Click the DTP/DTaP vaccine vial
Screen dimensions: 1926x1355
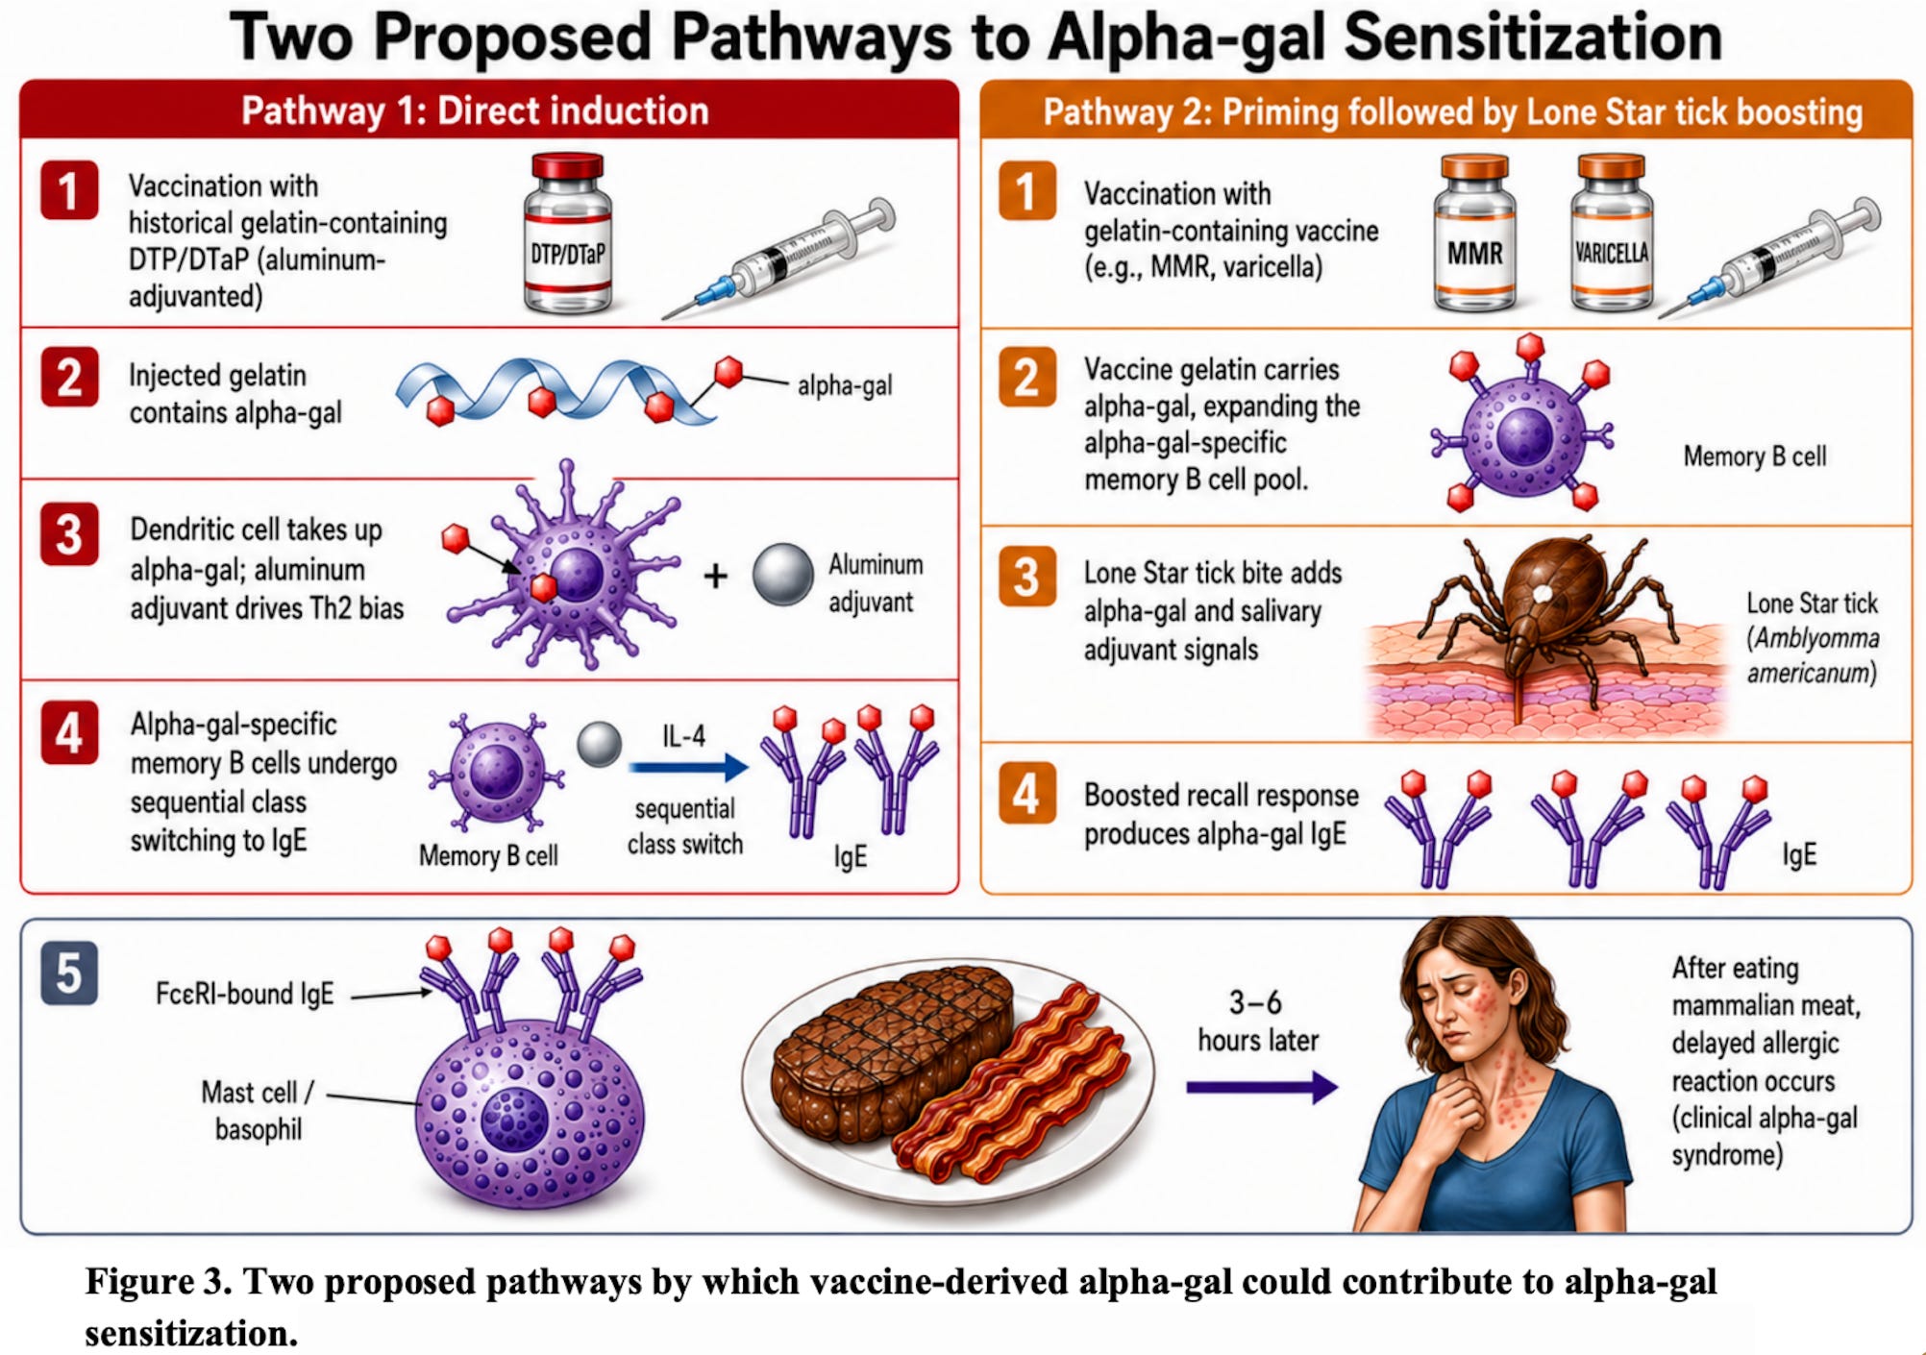[x=567, y=234]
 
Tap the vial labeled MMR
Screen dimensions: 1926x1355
[x=1474, y=234]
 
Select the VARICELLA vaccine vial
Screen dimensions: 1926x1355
[x=1611, y=234]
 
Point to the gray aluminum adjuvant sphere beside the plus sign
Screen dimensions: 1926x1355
[x=782, y=575]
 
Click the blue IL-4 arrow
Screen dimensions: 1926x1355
[x=688, y=767]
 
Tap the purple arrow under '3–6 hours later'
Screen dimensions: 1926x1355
[x=1262, y=1088]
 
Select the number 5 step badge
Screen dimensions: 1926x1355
[x=69, y=973]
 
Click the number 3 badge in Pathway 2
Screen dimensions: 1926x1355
[x=1026, y=577]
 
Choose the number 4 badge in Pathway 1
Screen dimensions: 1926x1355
[x=69, y=732]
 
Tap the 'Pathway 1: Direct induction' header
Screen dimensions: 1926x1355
[x=475, y=111]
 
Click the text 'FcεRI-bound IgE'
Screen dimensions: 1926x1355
[x=245, y=994]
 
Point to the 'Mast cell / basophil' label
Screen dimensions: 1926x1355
[x=258, y=1110]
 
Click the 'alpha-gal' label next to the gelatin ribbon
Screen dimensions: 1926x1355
[x=845, y=385]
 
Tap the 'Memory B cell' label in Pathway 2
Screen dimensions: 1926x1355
[x=1755, y=456]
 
